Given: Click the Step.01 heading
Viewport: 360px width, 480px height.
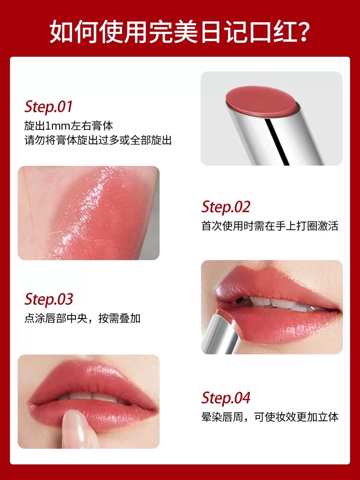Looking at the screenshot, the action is [x=48, y=107].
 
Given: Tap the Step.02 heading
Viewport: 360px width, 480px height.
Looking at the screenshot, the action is [x=226, y=207].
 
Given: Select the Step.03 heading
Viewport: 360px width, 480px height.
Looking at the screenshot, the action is [x=49, y=299].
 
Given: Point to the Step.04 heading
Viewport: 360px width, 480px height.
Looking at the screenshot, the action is [x=226, y=398].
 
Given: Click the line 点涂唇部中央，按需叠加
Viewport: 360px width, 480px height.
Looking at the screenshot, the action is [x=82, y=318].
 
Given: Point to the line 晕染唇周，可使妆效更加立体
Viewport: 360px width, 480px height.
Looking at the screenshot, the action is [x=270, y=417].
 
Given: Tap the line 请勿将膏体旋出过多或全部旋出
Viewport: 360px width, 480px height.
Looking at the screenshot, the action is [x=98, y=140].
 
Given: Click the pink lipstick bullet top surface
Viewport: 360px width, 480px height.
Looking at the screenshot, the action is [x=262, y=100].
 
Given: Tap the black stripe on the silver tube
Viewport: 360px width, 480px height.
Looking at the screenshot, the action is [x=277, y=142].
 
